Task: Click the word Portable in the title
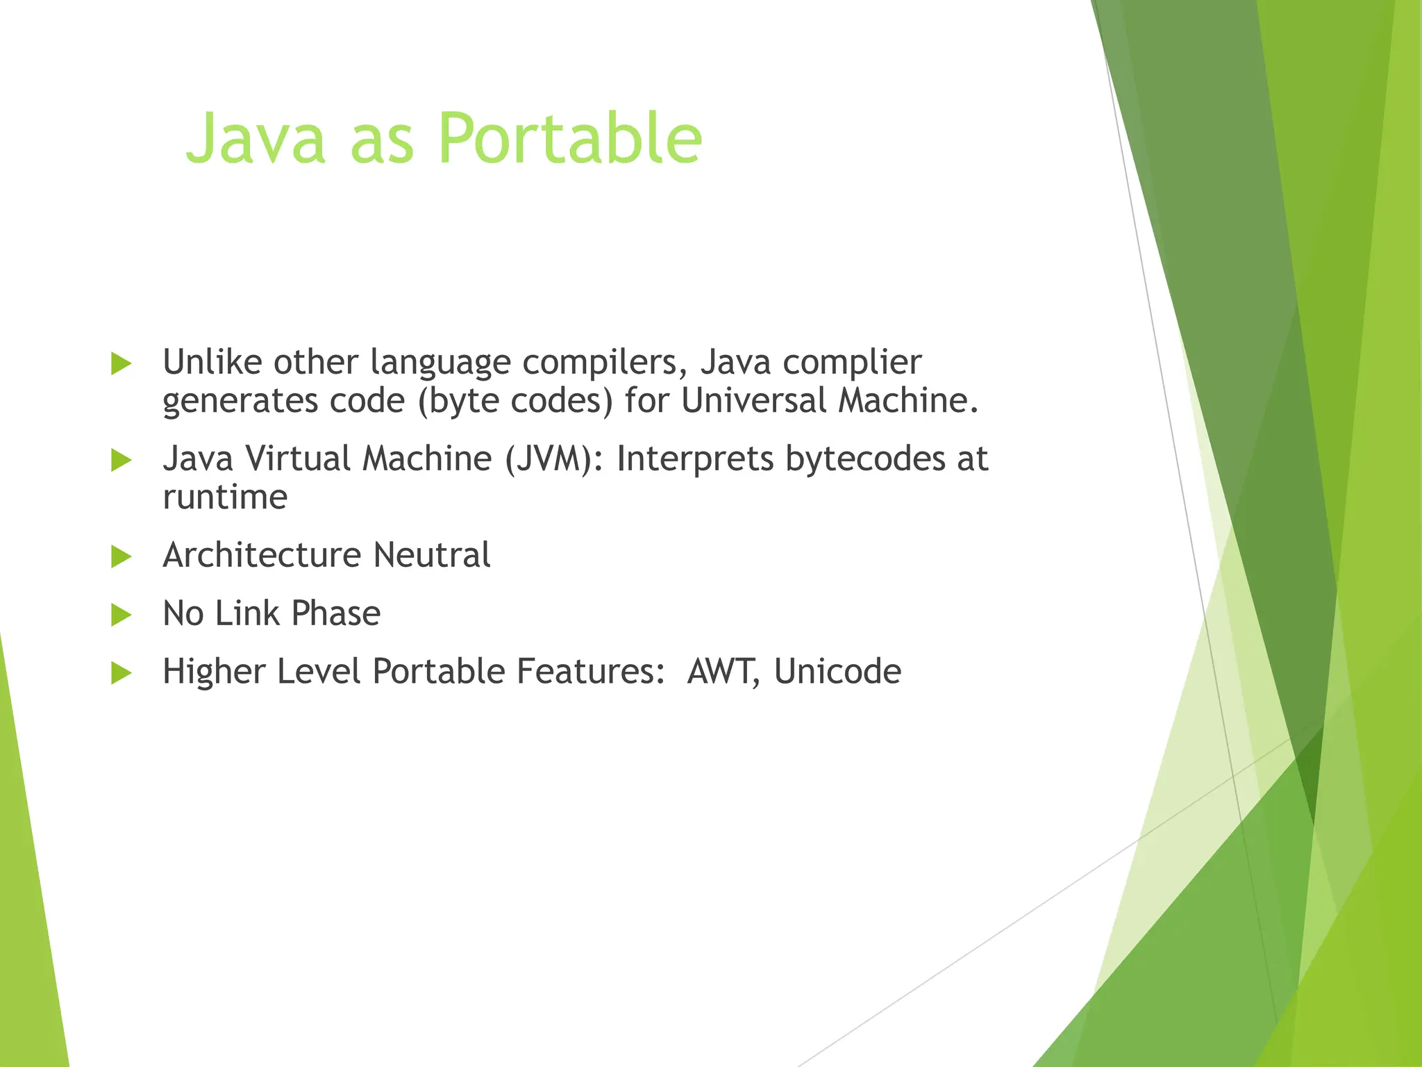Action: (x=571, y=139)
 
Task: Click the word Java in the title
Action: (x=256, y=139)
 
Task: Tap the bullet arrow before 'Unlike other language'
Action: (x=121, y=363)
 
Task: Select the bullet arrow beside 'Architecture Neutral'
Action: (x=121, y=556)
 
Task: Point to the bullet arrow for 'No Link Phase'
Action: (x=121, y=615)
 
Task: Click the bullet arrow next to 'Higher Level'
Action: (x=121, y=672)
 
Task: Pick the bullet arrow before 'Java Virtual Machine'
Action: (x=121, y=460)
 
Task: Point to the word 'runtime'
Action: (x=225, y=497)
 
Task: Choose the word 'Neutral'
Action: (x=432, y=556)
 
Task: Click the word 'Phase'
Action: (x=335, y=614)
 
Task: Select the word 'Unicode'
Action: (x=837, y=672)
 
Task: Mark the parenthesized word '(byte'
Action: (x=458, y=402)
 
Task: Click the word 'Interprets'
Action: (x=695, y=459)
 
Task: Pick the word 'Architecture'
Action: (x=262, y=556)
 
